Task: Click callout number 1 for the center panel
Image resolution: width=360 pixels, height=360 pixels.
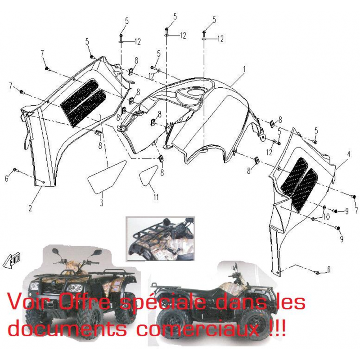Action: (x=244, y=69)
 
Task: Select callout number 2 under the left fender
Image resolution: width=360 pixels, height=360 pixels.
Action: (x=30, y=208)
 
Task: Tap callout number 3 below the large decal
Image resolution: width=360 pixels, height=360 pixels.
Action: (x=102, y=202)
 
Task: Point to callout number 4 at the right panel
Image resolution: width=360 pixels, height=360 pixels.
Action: (x=348, y=154)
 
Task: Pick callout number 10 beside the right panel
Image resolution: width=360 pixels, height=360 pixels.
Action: (x=326, y=216)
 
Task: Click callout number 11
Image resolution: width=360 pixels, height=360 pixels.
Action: (x=156, y=197)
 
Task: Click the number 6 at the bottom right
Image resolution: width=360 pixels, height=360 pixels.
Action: (x=328, y=270)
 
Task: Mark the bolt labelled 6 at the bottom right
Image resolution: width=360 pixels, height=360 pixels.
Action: (x=318, y=273)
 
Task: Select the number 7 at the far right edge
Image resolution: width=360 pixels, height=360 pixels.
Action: (x=356, y=210)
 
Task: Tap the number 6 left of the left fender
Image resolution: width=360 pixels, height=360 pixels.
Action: (x=7, y=178)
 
